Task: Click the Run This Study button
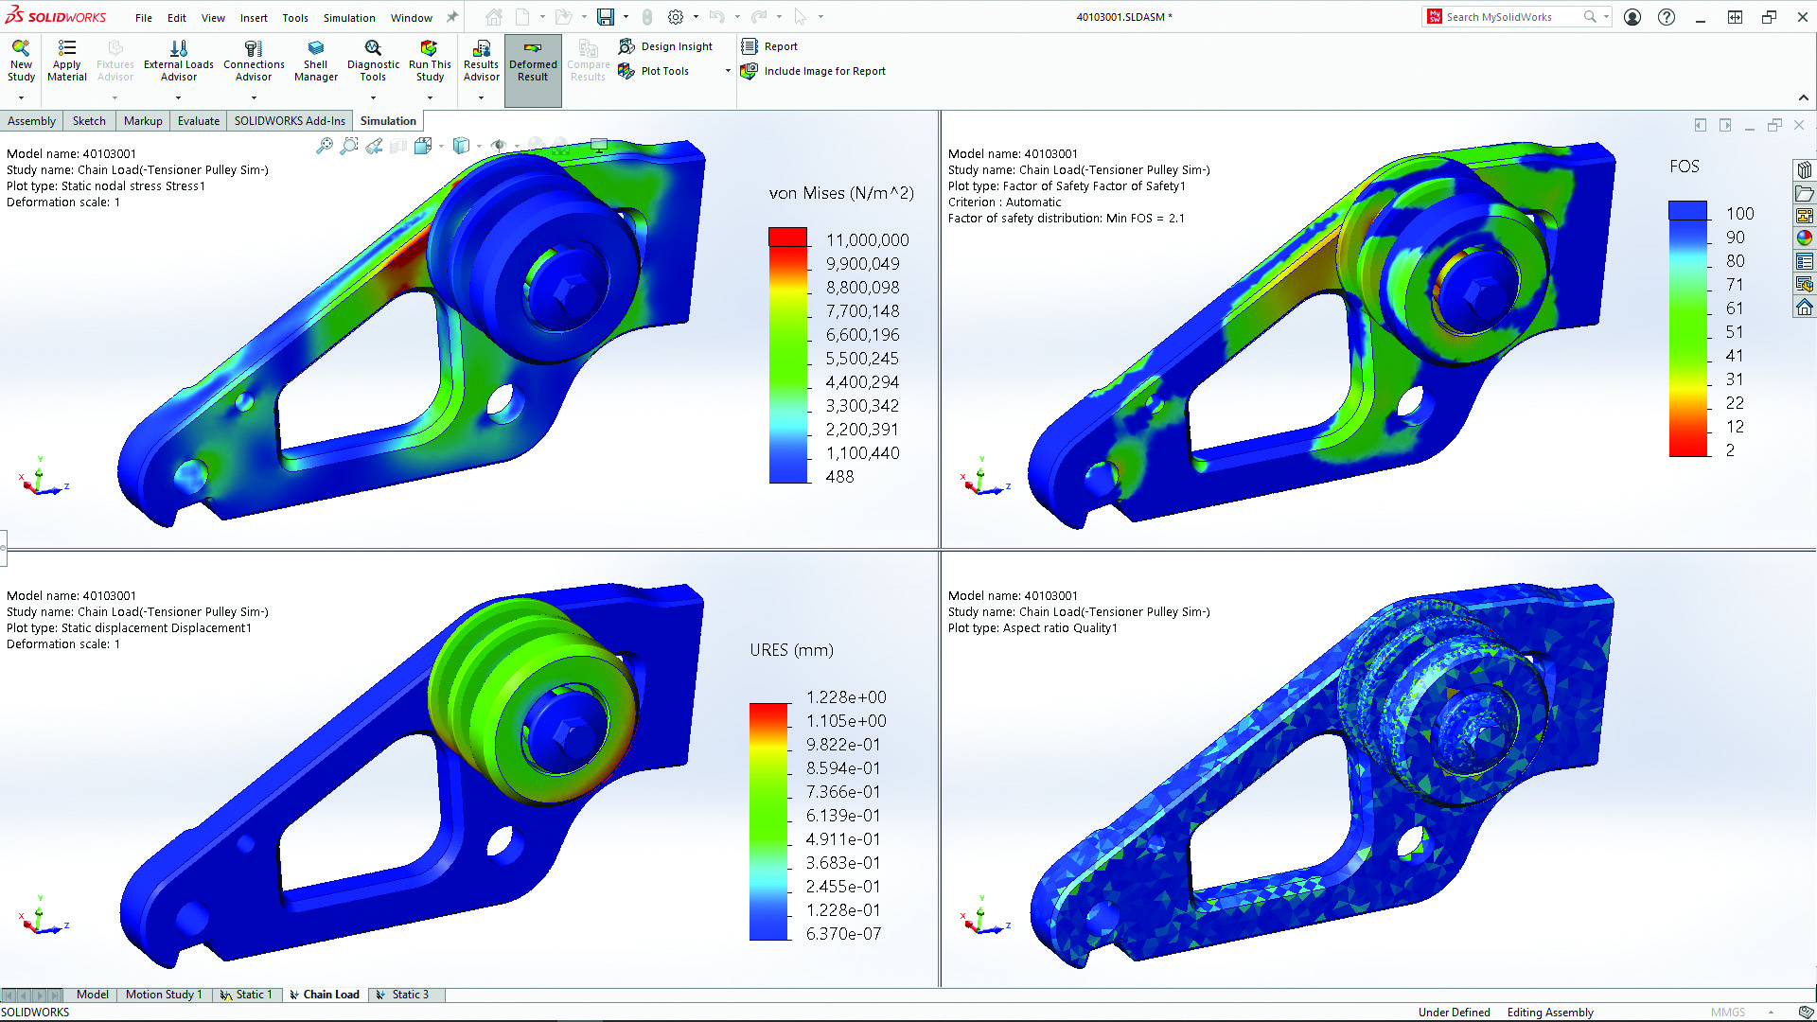[430, 61]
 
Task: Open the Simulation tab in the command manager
[388, 121]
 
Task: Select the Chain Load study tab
[330, 995]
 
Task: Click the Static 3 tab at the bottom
[410, 995]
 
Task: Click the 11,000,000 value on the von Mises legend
[867, 240]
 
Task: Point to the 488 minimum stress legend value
[839, 477]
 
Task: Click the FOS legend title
[1685, 167]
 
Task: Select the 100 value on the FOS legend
[1739, 214]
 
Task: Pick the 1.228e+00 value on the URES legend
[846, 697]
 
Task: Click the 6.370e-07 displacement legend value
[843, 934]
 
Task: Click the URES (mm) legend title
[791, 650]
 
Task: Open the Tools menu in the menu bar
[295, 18]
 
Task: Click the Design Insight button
[676, 46]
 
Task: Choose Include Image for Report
[824, 71]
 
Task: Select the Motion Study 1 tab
[164, 995]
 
